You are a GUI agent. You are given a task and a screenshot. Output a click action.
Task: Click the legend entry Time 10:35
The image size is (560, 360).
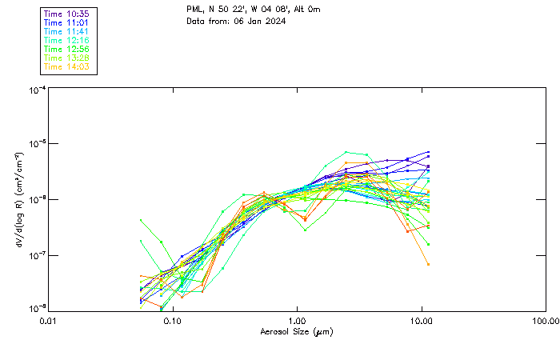[67, 14]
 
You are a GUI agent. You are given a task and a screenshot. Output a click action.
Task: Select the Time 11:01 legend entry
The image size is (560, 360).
[67, 22]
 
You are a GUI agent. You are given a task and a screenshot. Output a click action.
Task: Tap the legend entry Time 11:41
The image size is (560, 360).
[67, 31]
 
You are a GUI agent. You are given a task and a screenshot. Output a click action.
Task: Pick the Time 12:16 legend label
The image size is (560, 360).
[67, 40]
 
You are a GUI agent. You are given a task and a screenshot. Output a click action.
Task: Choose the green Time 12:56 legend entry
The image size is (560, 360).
[67, 49]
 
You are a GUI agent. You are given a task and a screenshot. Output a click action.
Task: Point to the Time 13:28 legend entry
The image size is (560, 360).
[67, 58]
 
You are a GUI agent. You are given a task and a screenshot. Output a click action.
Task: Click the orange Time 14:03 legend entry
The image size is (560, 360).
[67, 66]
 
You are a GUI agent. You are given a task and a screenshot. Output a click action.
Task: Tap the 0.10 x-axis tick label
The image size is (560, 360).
[173, 322]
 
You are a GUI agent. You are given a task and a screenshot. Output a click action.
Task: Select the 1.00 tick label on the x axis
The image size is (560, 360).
[298, 322]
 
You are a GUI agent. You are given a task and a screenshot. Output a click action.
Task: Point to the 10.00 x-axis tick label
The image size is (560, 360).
[422, 322]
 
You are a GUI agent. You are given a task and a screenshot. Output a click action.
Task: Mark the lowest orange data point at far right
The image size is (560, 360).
[427, 264]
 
